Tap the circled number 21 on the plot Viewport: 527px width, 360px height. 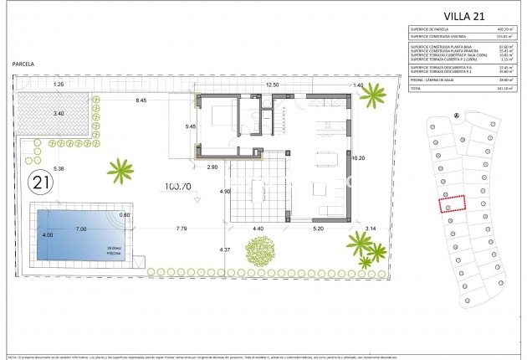coord(38,181)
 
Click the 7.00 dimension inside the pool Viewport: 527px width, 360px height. coord(81,229)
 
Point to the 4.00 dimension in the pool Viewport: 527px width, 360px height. coord(47,235)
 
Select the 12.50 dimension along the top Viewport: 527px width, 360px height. coord(272,85)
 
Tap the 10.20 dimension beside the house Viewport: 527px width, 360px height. coord(359,157)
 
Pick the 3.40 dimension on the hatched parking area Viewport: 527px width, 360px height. coord(59,112)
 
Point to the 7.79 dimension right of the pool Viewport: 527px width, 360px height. coord(182,229)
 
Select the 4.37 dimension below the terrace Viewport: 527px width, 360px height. coord(224,249)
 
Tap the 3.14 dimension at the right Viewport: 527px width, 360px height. coord(371,228)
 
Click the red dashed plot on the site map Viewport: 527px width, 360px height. coord(452,203)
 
